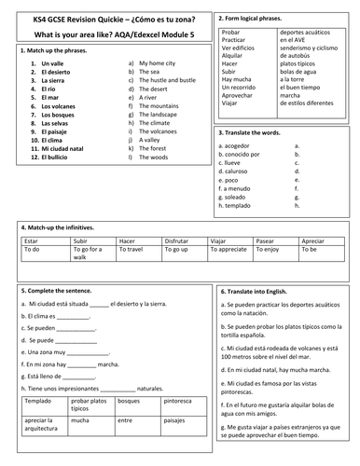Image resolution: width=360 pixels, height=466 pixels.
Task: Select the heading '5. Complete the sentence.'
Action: point(57,291)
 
